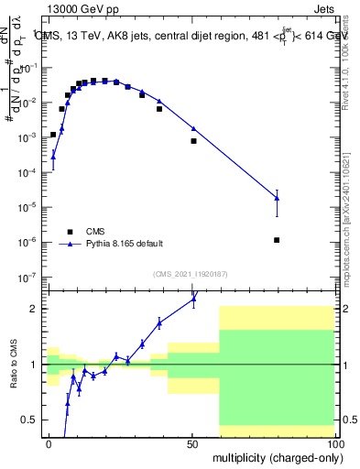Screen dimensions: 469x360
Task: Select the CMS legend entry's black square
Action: pyautogui.click(x=68, y=231)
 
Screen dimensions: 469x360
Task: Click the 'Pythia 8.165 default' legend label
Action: pyautogui.click(x=125, y=244)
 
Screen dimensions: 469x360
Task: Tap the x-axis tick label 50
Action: pyautogui.click(x=191, y=443)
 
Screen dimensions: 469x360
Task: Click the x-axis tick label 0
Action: pyautogui.click(x=49, y=443)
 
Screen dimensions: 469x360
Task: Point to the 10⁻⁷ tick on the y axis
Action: pyautogui.click(x=29, y=277)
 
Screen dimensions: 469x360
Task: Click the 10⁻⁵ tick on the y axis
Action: pyautogui.click(x=29, y=207)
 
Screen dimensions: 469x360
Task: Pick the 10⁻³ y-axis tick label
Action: pyautogui.click(x=29, y=137)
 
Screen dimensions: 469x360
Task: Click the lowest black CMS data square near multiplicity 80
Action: pyautogui.click(x=277, y=240)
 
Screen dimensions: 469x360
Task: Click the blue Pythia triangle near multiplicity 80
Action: pyautogui.click(x=277, y=198)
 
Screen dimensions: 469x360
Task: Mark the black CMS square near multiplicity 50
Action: pyautogui.click(x=193, y=141)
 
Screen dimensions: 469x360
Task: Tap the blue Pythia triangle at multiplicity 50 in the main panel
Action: pyautogui.click(x=193, y=128)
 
